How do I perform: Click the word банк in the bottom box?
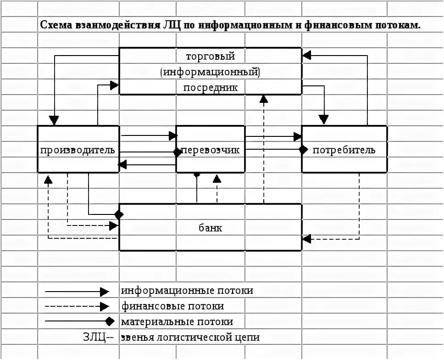pyautogui.click(x=211, y=228)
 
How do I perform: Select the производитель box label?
pyautogui.click(x=78, y=150)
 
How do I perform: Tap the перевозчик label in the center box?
pyautogui.click(x=211, y=150)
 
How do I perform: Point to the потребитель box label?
pyautogui.click(x=344, y=150)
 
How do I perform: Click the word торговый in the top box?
pyautogui.click(x=211, y=56)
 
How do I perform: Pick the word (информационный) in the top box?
pyautogui.click(x=211, y=72)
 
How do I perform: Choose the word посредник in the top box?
pyautogui.click(x=211, y=87)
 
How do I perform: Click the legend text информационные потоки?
pyautogui.click(x=187, y=291)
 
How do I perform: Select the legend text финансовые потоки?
pyautogui.click(x=173, y=306)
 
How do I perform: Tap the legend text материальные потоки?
pyautogui.click(x=177, y=322)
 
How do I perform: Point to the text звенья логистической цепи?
pyautogui.click(x=190, y=337)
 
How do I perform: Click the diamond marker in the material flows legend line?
pyautogui.click(x=109, y=321)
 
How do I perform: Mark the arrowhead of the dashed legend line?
pyautogui.click(x=105, y=306)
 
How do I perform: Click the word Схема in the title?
pyautogui.click(x=55, y=25)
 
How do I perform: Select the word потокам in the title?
pyautogui.click(x=398, y=25)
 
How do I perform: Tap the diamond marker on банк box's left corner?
pyautogui.click(x=119, y=214)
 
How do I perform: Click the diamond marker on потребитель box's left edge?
pyautogui.click(x=303, y=149)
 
